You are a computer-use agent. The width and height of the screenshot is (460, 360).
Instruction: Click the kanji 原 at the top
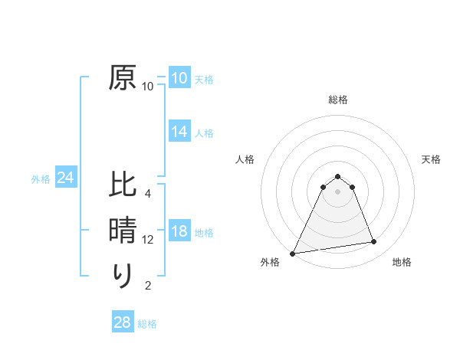pyautogui.click(x=123, y=78)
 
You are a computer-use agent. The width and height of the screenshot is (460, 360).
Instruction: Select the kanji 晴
pyautogui.click(x=123, y=231)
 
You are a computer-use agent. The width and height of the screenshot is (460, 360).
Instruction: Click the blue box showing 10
pyautogui.click(x=179, y=78)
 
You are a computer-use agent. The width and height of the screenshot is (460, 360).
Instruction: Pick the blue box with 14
pyautogui.click(x=179, y=132)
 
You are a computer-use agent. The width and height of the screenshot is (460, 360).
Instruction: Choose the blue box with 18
pyautogui.click(x=179, y=232)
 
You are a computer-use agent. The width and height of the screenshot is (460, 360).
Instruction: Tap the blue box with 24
pyautogui.click(x=66, y=178)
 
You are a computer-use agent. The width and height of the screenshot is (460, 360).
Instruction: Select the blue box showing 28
pyautogui.click(x=123, y=322)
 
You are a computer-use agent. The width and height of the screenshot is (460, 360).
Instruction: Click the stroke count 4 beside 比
pyautogui.click(x=148, y=194)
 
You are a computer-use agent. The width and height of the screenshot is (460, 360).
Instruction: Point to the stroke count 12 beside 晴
pyautogui.click(x=148, y=240)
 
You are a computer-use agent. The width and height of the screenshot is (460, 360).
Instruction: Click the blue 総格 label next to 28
pyautogui.click(x=147, y=324)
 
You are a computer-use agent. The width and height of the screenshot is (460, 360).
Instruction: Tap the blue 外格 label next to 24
pyautogui.click(x=41, y=179)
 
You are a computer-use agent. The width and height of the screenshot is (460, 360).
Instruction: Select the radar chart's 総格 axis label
pyautogui.click(x=337, y=100)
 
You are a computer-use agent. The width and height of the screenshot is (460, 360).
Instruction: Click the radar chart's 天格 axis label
pyautogui.click(x=432, y=159)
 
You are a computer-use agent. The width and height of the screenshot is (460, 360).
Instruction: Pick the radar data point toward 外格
pyautogui.click(x=293, y=253)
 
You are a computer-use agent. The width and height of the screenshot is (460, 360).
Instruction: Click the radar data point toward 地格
pyautogui.click(x=374, y=242)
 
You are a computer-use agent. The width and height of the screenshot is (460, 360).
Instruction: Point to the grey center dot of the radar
pyautogui.click(x=337, y=191)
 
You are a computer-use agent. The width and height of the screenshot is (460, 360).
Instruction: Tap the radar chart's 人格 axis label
pyautogui.click(x=245, y=159)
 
